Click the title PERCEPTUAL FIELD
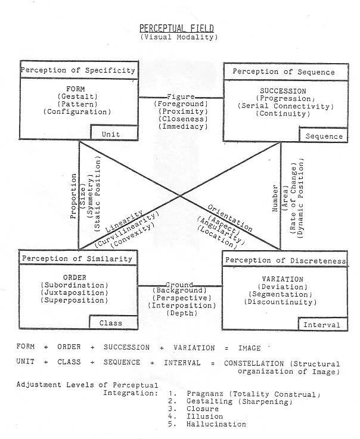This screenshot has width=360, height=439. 176,28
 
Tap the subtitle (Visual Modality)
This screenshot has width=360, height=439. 179,37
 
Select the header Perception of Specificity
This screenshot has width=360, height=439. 78,70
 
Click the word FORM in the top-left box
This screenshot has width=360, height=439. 75,89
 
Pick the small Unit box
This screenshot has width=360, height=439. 114,132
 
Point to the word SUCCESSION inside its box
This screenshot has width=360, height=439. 283,91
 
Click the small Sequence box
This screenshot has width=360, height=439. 324,135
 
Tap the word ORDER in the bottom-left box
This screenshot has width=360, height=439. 75,278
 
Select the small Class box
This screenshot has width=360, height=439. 113,322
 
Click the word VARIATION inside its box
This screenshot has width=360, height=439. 283,279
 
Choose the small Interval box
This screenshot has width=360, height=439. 322,324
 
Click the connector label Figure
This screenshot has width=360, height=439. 181,96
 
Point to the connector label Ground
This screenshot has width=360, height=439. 179,285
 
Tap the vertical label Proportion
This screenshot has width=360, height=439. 73,196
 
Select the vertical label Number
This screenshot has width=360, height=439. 275,198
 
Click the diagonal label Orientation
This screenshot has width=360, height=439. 229,219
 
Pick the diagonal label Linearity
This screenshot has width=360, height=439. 124,222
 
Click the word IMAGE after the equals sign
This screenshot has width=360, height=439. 249,348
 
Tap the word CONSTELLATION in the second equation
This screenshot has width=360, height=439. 254,364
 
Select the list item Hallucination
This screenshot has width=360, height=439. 216,424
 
